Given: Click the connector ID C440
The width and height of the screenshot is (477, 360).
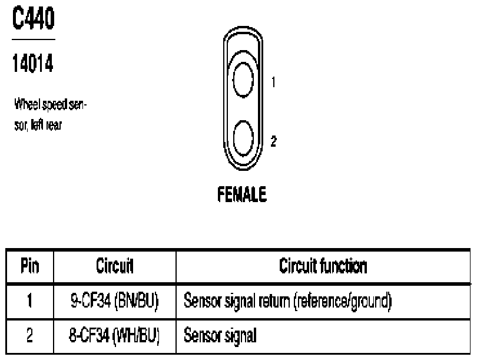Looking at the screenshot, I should click(33, 19).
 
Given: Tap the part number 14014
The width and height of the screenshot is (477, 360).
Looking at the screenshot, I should click(33, 64).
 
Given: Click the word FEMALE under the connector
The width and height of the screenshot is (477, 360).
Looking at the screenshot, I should click(243, 195).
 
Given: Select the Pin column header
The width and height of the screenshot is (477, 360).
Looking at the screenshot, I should click(29, 266).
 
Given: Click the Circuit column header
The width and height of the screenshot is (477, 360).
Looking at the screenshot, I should click(115, 266).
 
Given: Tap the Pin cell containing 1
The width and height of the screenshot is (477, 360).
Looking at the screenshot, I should click(29, 303).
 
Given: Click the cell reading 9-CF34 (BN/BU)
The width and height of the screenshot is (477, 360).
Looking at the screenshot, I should click(115, 303).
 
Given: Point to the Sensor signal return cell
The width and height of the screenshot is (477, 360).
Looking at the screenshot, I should click(289, 303).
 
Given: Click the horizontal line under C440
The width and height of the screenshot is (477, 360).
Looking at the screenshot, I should click(33, 39).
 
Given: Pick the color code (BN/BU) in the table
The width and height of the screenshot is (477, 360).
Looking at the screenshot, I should click(140, 303).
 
